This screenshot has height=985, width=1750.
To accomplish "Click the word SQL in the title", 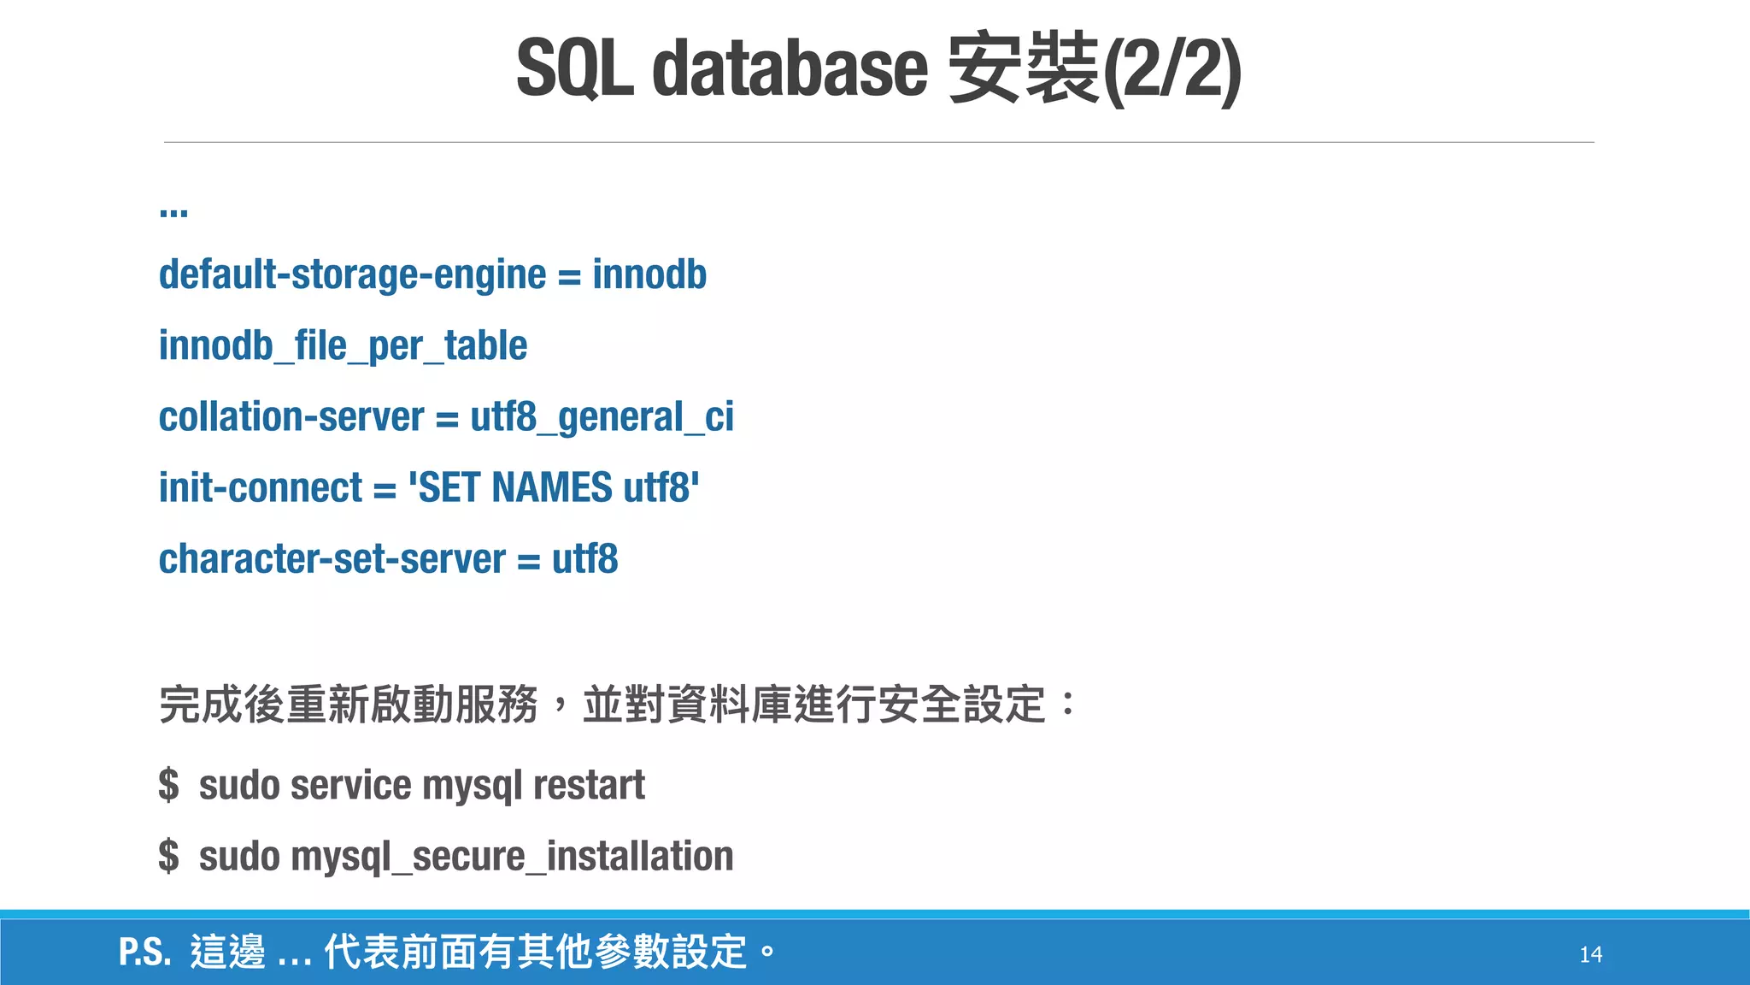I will [x=574, y=68].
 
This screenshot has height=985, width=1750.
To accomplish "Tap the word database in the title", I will [x=790, y=68].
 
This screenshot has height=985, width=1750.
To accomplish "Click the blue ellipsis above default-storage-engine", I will [x=173, y=210].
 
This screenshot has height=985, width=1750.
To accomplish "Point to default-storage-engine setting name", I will [x=352, y=275].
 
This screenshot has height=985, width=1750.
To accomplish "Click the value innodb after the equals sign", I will [x=649, y=275].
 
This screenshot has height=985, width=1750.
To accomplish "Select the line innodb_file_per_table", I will [x=343, y=346].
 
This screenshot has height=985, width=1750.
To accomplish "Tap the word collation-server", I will [x=291, y=417].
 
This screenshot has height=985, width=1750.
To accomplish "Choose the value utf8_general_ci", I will [x=602, y=417].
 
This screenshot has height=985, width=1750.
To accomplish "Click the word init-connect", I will [x=261, y=488].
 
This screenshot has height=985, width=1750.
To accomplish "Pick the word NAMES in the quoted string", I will [x=552, y=488].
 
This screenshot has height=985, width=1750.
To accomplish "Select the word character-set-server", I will [x=332, y=559].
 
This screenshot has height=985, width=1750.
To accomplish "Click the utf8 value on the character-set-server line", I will [x=584, y=559].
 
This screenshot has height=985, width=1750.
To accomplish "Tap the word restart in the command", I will [x=589, y=785].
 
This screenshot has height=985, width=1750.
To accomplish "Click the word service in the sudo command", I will [x=351, y=785].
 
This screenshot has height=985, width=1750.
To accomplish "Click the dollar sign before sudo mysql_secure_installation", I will [x=169, y=857].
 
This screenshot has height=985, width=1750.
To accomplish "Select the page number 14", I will [x=1590, y=954].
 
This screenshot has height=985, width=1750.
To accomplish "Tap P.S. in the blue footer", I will [x=144, y=953].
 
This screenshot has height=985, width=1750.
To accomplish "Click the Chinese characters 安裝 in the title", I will [x=1023, y=68].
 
